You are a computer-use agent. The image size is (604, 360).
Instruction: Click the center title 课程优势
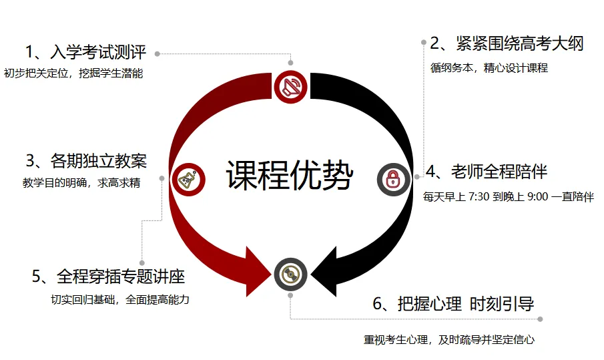[x=288, y=176]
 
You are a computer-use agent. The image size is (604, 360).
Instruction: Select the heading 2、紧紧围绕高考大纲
[x=507, y=44]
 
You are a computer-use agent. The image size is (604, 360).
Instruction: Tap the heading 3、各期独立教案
[x=86, y=161]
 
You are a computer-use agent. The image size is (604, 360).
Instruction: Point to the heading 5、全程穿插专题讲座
[x=108, y=277]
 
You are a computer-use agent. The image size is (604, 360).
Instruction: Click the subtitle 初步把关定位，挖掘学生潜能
[x=73, y=73]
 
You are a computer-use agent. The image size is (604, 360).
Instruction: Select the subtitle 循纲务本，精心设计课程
[x=489, y=67]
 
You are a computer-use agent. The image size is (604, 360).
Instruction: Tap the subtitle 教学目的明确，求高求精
[x=81, y=183]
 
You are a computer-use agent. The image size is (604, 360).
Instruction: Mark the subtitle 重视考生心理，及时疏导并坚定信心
[x=448, y=339]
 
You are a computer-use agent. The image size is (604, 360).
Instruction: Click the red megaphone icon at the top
[x=290, y=86]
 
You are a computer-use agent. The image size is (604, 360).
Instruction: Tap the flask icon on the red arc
[x=188, y=179]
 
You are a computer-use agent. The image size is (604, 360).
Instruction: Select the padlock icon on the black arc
[x=393, y=179]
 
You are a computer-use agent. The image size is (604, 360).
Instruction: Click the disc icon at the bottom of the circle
[x=290, y=274]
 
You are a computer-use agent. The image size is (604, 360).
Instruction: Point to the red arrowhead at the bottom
[x=258, y=271]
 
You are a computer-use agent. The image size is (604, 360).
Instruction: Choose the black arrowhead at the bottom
[x=324, y=271]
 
